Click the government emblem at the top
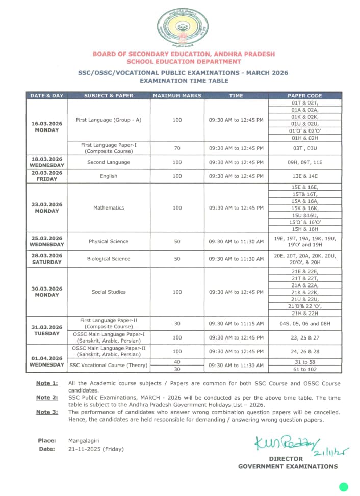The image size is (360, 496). pyautogui.click(x=183, y=26)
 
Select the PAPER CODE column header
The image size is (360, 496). pyautogui.click(x=304, y=95)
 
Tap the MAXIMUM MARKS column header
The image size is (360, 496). pyautogui.click(x=177, y=95)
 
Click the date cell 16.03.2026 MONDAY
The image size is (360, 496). pyautogui.click(x=47, y=126)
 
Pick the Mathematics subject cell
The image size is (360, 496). pyautogui.click(x=109, y=208)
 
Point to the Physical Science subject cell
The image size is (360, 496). pyautogui.click(x=109, y=241)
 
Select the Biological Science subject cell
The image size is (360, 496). pyautogui.click(x=109, y=259)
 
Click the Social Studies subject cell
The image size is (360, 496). pyautogui.click(x=109, y=292)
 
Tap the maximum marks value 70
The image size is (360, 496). pyautogui.click(x=177, y=148)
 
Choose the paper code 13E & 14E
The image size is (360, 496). pyautogui.click(x=304, y=176)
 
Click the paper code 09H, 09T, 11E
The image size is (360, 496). pyautogui.click(x=304, y=162)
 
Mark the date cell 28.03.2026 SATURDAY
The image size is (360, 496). pyautogui.click(x=47, y=259)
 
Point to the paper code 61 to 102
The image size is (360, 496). pyautogui.click(x=304, y=369)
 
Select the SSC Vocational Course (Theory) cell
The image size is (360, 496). pyautogui.click(x=109, y=365)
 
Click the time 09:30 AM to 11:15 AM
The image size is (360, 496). pyautogui.click(x=236, y=324)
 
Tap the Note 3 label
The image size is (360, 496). pyautogui.click(x=47, y=412)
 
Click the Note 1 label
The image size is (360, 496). pyautogui.click(x=47, y=383)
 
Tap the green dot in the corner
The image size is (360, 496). pyautogui.click(x=344, y=487)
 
